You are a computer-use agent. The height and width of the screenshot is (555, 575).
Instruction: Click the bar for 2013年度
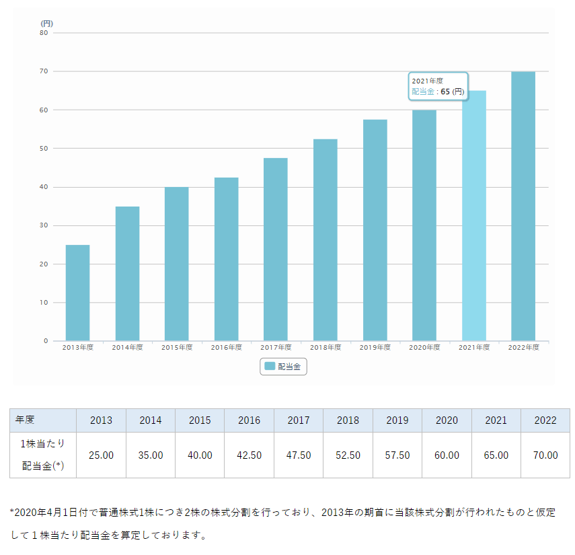coord(77,293)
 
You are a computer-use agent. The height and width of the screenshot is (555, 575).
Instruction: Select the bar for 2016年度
coord(226,259)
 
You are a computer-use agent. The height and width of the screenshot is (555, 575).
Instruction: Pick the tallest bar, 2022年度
coord(523,205)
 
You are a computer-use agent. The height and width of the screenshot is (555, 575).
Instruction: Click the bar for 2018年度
coord(325,239)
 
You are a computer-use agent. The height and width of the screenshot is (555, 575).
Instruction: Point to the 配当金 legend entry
coord(283,366)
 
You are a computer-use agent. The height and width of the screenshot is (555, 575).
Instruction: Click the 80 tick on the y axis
coord(44,32)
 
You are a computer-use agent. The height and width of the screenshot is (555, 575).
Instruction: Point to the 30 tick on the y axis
coord(44,225)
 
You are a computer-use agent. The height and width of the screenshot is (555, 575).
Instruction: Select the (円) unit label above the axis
coord(46,23)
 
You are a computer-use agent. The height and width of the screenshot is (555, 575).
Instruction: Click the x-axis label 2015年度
coord(177,348)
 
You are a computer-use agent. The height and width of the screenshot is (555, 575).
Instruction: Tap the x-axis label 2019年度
coord(375,348)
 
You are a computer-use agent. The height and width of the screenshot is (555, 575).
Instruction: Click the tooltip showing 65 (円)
coord(438,86)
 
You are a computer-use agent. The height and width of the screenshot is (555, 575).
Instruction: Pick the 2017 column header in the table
coord(299,420)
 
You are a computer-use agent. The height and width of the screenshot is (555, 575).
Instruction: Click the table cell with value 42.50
coord(249,455)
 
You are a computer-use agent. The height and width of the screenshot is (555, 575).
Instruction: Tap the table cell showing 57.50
coord(397,455)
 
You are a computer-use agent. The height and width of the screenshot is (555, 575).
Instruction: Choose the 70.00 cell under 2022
coord(545,455)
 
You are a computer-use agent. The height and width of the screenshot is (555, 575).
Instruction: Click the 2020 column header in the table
coord(447,420)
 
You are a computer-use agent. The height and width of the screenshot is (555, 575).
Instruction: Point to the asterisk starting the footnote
coord(12,513)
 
